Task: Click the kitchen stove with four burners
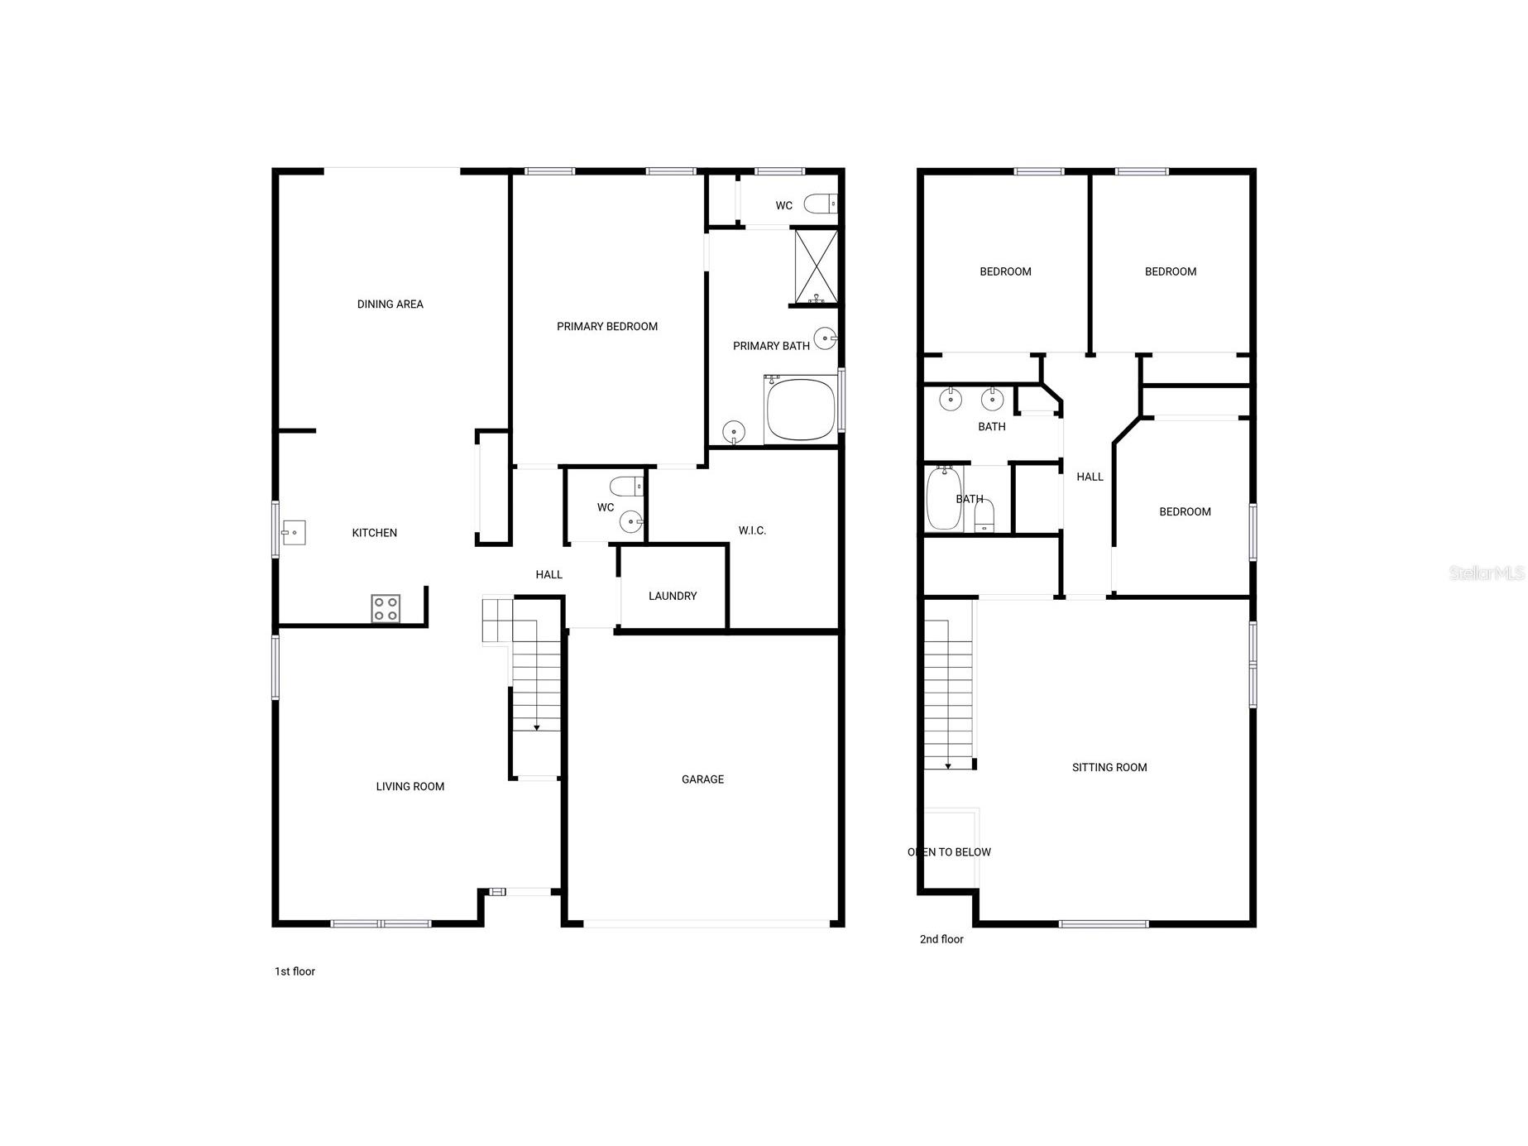[x=386, y=609]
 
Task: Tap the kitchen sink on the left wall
[x=294, y=532]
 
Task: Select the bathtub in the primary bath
[x=801, y=410]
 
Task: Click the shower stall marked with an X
[x=817, y=266]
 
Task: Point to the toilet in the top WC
[x=821, y=204]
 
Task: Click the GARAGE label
[x=702, y=779]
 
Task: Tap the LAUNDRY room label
[x=673, y=596]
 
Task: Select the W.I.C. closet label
[x=752, y=530]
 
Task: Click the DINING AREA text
[x=390, y=304]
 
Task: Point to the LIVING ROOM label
[x=410, y=787]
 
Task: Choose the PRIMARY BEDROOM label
[x=607, y=327]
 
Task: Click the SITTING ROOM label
[x=1109, y=768]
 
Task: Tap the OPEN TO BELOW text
[x=949, y=852]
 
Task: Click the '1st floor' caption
[x=295, y=971]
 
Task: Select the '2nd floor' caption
[x=941, y=939]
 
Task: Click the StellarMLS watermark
[x=1487, y=573]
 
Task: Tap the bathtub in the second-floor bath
[x=944, y=498]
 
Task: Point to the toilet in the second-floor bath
[x=984, y=516]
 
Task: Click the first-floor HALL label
[x=548, y=575]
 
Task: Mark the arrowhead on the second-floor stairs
[x=948, y=766]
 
